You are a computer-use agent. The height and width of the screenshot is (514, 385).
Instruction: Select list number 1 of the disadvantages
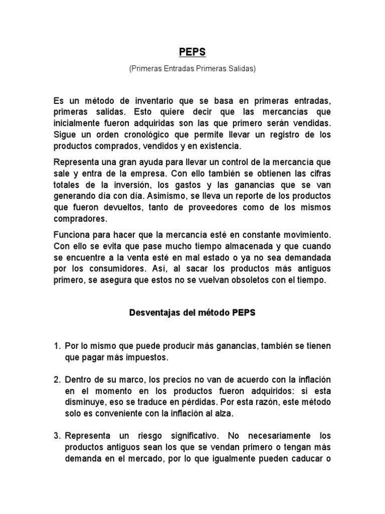[x=57, y=346]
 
